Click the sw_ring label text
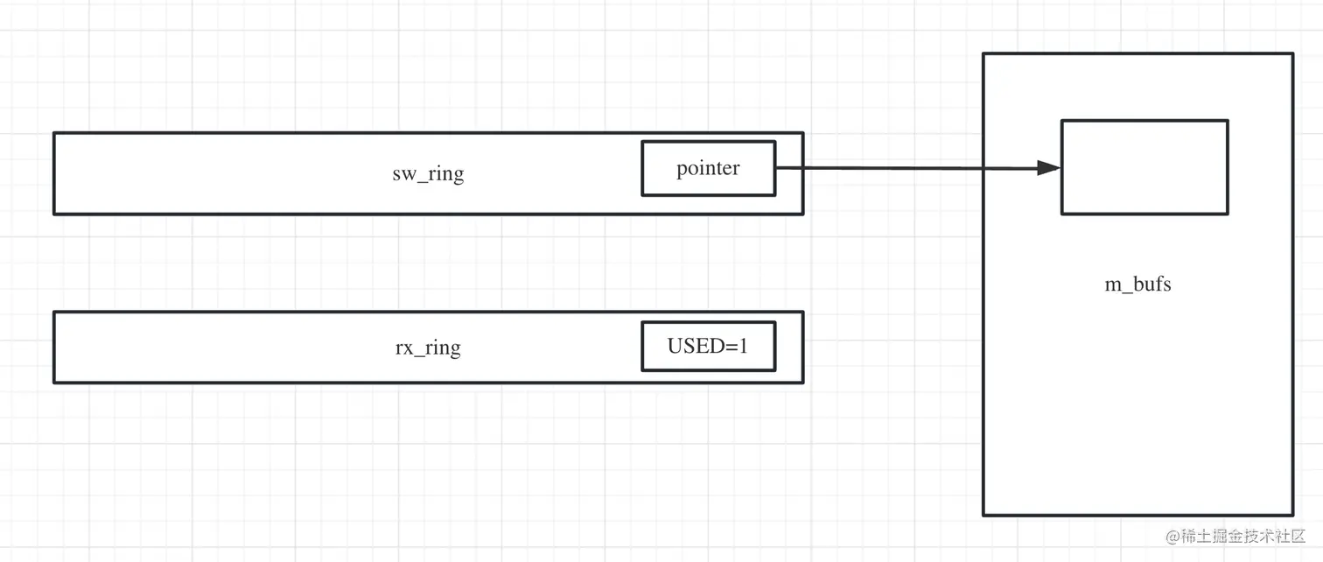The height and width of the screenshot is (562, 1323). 428,173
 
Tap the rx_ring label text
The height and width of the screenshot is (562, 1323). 428,348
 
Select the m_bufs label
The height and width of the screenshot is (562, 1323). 1137,285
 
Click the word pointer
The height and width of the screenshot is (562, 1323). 708,168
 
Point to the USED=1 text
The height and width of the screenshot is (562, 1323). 708,346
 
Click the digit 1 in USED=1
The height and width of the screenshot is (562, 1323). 743,346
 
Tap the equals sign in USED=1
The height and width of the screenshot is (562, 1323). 730,347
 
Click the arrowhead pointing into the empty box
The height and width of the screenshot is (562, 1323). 1049,168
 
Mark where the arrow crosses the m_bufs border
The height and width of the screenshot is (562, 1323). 983,168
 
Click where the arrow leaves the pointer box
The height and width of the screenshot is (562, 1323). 776,168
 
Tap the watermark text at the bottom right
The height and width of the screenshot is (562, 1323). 1235,536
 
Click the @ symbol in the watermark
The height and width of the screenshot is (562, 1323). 1172,537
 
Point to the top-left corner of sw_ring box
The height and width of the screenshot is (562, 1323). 53,133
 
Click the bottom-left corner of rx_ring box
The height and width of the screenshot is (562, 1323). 53,383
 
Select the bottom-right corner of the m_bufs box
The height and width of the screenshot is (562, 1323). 1293,516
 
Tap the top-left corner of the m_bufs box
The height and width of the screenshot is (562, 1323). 983,53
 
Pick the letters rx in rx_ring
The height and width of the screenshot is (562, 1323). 404,348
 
